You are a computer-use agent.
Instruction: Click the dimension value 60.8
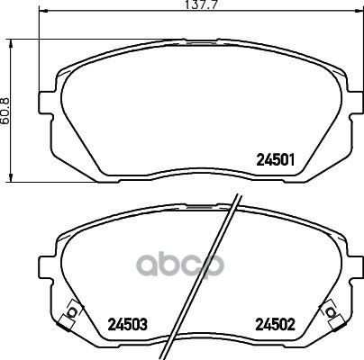click(x=6, y=111)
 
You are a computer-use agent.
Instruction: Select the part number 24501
click(x=276, y=160)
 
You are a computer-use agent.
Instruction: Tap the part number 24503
click(x=128, y=324)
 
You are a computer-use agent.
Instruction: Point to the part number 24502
click(x=276, y=324)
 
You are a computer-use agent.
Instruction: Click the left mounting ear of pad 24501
click(x=45, y=103)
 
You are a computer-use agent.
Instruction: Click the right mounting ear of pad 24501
click(x=356, y=103)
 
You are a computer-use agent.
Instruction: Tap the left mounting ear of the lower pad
click(x=45, y=268)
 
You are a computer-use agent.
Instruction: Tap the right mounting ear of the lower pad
click(x=356, y=268)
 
